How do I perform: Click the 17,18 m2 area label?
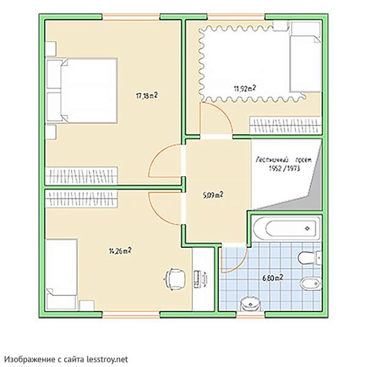[x=147, y=96]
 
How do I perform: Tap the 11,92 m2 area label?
[x=244, y=88]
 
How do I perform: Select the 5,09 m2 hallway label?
[x=213, y=195]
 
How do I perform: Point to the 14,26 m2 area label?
[x=120, y=251]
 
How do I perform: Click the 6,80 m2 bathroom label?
[x=273, y=278]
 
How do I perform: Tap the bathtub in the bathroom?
[x=287, y=228]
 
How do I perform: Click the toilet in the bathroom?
[x=309, y=258]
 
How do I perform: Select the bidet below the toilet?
[x=311, y=284]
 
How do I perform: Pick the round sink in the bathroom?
[x=250, y=303]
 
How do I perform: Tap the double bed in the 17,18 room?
[x=82, y=90]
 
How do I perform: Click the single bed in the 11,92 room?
[x=305, y=56]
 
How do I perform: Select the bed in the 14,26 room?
[x=62, y=275]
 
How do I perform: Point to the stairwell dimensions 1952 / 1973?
[x=285, y=168]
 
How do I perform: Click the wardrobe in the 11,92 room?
[x=285, y=125]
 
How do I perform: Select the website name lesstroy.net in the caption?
[x=107, y=359]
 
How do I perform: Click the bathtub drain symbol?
[x=307, y=228]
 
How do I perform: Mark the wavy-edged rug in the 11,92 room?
[x=252, y=63]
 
